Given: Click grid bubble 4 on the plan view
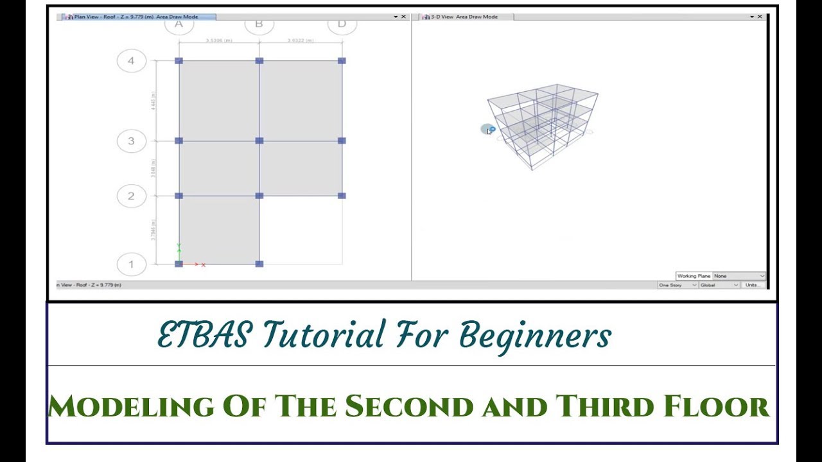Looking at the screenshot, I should [132, 61].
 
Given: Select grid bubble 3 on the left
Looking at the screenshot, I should [132, 141].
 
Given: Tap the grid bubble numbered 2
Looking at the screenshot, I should [132, 196].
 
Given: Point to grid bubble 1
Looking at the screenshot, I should [132, 264].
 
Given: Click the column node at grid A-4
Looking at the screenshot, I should [179, 61].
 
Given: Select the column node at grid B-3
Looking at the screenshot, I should [259, 141].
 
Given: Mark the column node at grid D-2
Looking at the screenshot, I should [342, 196].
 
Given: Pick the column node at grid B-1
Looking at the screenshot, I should [259, 264].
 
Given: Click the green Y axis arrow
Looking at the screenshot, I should [179, 249].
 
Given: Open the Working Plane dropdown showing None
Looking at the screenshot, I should [739, 276].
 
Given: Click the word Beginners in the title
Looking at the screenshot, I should [535, 336].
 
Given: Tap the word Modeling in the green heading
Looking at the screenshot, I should [130, 406].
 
